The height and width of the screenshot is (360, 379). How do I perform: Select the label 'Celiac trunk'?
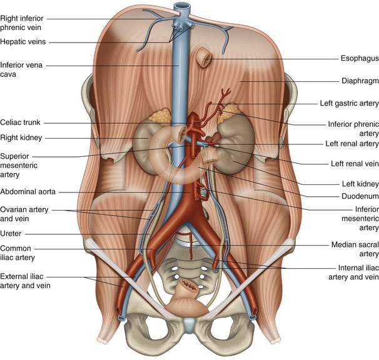coord(21,122)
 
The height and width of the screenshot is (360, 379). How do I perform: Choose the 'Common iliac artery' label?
coord(18,252)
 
